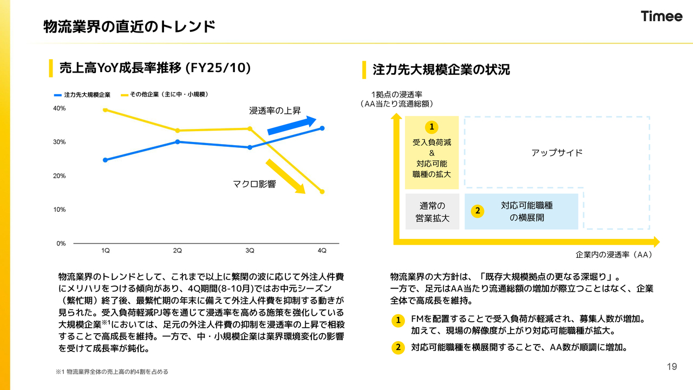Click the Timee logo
coord(662,16)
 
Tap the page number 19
coord(672,367)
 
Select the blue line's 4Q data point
coord(322,128)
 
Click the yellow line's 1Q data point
coord(106,110)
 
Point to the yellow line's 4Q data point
coord(322,192)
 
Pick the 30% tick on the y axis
coord(59,142)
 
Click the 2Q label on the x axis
coord(178,250)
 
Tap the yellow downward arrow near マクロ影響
coord(285,175)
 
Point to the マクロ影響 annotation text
coord(254,184)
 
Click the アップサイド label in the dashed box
coord(557,153)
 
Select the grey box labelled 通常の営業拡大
coord(432,212)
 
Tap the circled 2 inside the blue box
coord(477,211)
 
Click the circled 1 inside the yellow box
coord(432,127)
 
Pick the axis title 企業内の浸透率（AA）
coord(614,255)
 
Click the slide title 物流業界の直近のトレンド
coord(129,26)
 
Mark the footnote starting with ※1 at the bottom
coord(112,372)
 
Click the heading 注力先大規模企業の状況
coord(441,70)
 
